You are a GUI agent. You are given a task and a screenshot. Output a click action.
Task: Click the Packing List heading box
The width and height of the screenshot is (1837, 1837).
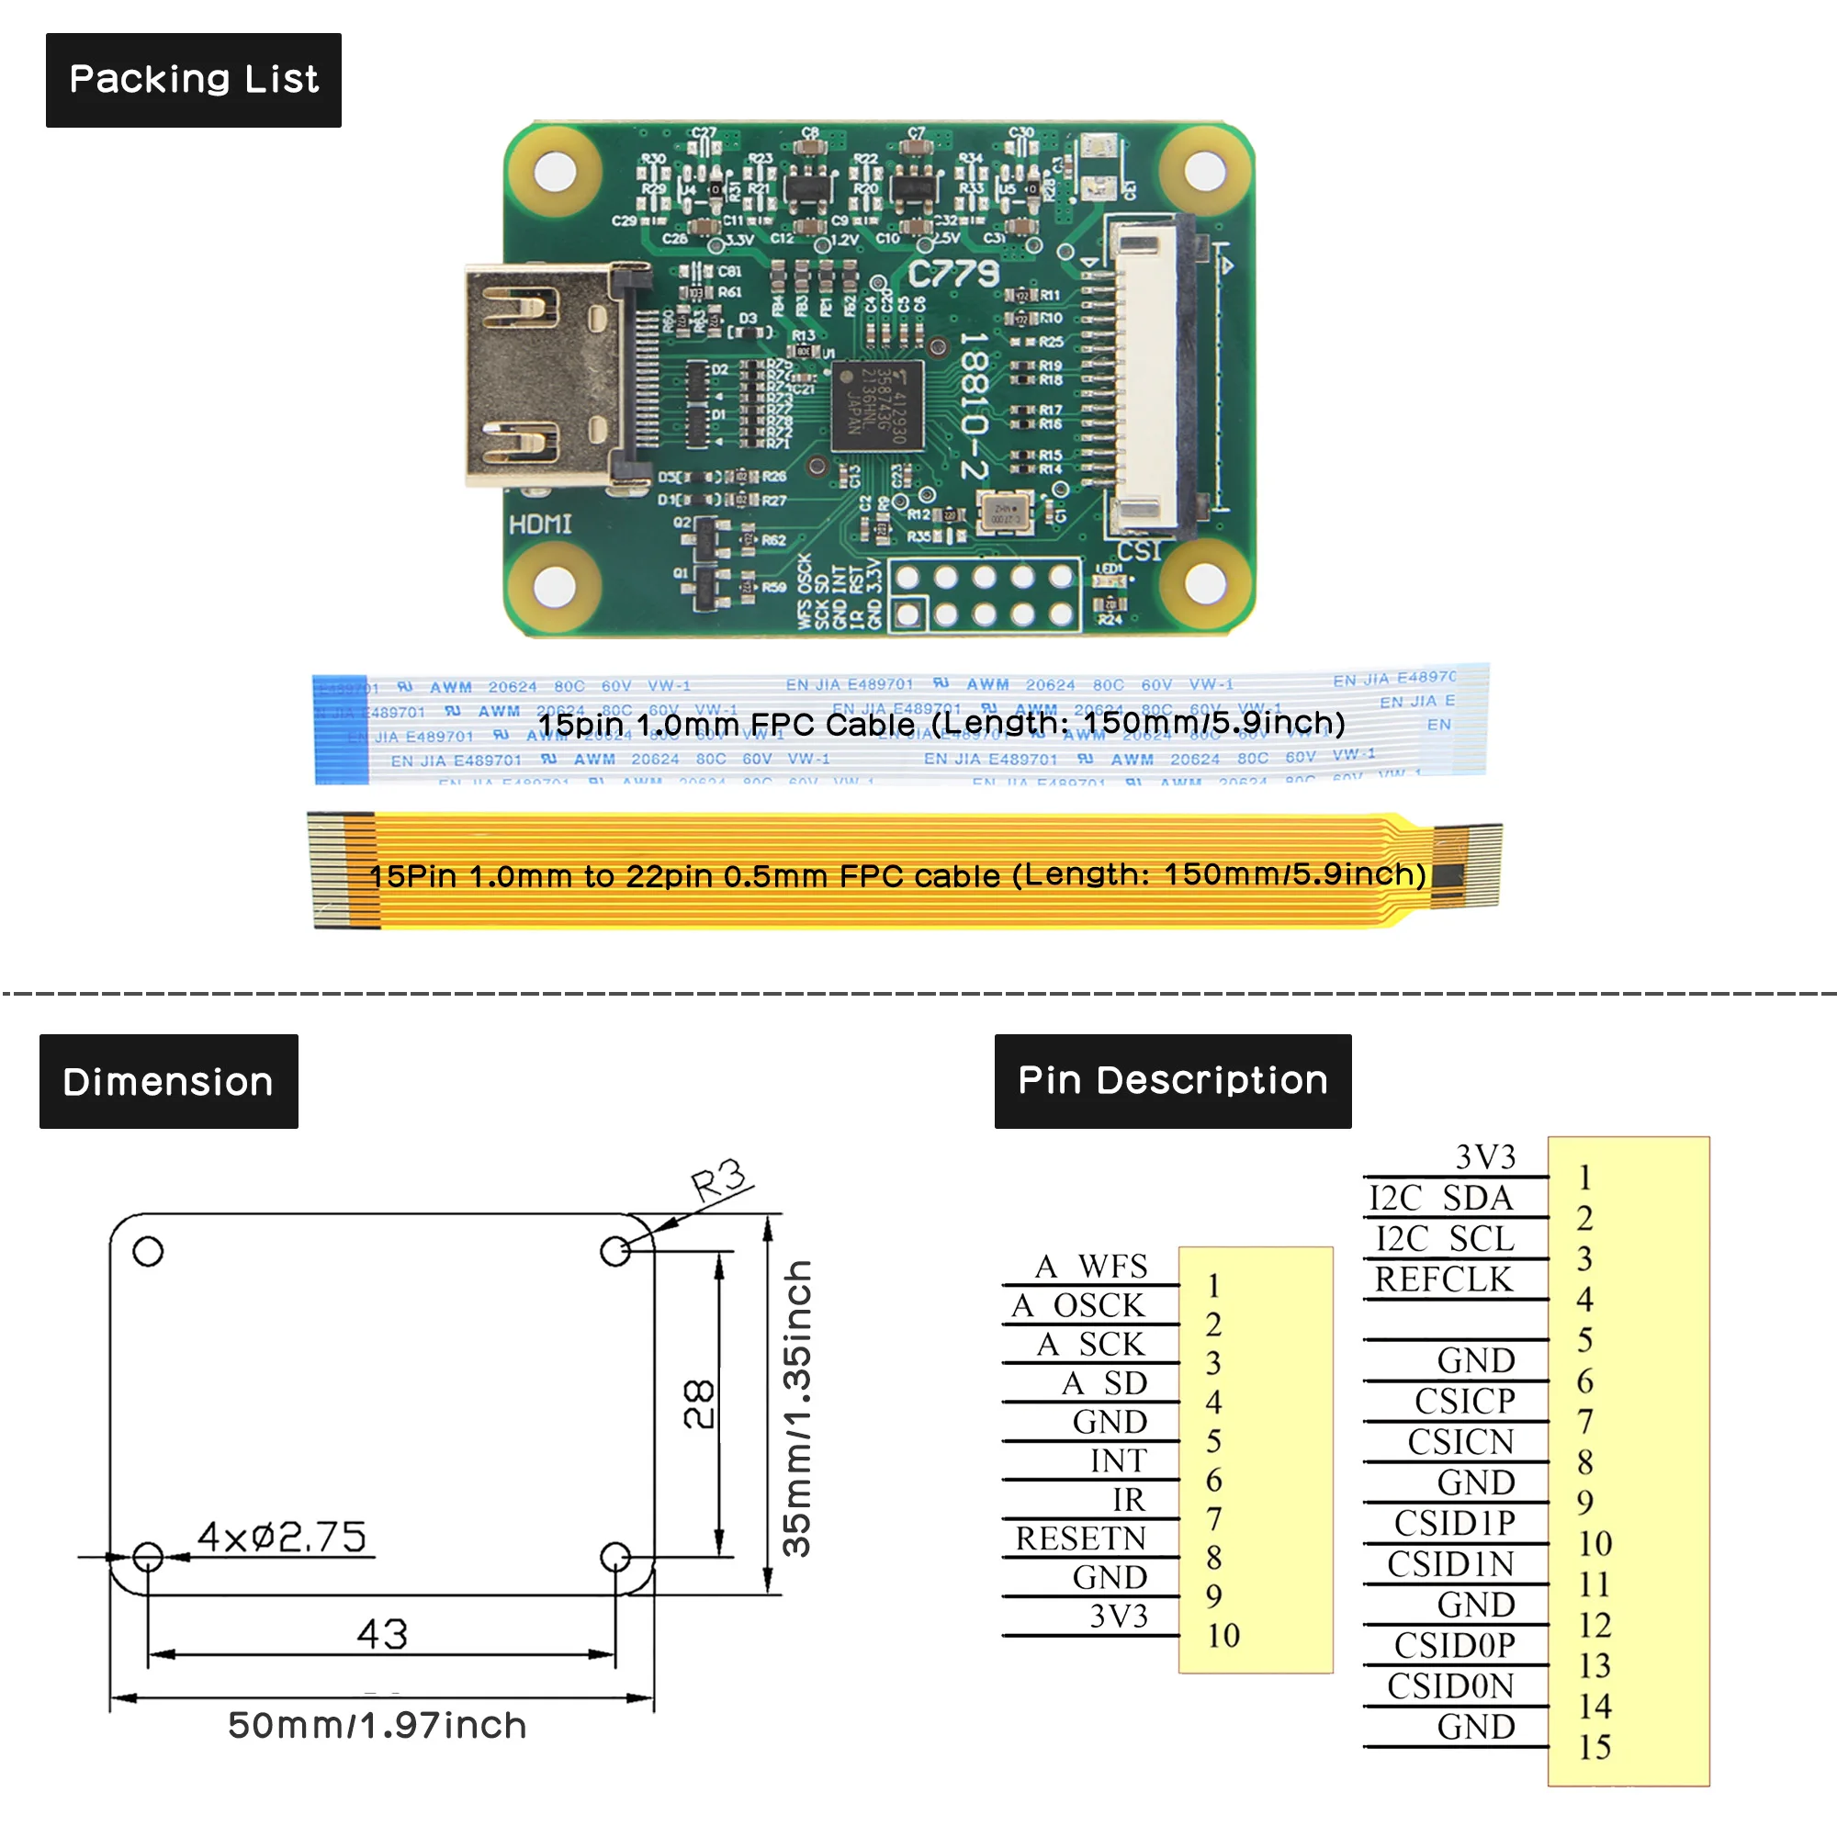pos(193,80)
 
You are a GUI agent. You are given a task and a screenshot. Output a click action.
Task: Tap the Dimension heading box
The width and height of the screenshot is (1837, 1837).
pos(168,1082)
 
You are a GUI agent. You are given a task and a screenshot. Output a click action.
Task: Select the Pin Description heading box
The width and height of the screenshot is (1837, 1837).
pos(1172,1081)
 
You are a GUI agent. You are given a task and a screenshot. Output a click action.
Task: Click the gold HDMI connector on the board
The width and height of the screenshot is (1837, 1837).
pos(540,376)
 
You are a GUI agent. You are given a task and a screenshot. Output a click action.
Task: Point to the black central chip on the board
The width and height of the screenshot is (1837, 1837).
pos(876,406)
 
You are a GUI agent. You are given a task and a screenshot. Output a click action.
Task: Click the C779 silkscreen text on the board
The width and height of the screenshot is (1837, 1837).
pos(952,275)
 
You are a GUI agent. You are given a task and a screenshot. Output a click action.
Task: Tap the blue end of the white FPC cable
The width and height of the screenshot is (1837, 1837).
pos(341,727)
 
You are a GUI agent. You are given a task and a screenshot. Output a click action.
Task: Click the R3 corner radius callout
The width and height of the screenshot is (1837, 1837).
pos(720,1182)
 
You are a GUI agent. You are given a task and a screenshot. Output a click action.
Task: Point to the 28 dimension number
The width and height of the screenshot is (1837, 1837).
pos(700,1403)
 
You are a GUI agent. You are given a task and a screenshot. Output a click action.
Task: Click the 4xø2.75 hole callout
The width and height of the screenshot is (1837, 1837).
pos(281,1537)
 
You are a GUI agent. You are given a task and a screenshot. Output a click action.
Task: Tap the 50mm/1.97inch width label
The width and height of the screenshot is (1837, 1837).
pos(377,1725)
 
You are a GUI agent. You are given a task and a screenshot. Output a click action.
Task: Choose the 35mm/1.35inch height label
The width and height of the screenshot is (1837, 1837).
pos(796,1407)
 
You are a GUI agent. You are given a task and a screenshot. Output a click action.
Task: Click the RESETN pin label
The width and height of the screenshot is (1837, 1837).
pos(1080,1538)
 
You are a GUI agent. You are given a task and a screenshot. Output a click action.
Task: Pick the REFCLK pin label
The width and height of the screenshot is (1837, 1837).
pos(1442,1279)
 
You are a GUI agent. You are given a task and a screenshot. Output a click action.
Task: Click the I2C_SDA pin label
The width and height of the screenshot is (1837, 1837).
pos(1440,1198)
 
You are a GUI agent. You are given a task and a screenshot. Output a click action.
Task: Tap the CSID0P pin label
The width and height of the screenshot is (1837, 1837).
pos(1454,1646)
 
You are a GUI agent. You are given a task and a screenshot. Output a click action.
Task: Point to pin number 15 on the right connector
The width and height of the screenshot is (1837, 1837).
pos(1595,1747)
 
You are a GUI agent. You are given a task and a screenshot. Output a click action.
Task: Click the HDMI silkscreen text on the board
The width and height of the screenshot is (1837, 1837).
pos(540,524)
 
